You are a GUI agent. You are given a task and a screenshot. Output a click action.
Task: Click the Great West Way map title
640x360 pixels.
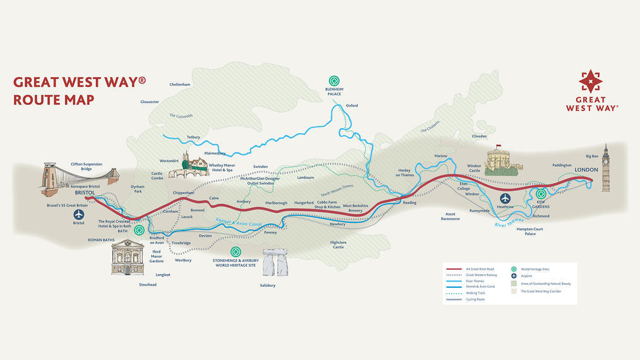point(80,90)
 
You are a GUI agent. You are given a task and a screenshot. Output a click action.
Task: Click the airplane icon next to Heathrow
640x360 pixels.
point(504,197)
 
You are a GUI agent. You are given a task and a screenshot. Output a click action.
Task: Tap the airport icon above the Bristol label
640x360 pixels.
point(79,214)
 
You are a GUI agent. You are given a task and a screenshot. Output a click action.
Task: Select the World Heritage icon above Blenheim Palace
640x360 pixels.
point(333,81)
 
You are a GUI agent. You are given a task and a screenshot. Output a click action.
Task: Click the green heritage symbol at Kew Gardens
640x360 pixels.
point(541,195)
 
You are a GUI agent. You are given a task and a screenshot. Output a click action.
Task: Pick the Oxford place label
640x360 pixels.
point(352,105)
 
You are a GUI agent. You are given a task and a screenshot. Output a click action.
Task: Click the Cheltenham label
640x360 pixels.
point(180,84)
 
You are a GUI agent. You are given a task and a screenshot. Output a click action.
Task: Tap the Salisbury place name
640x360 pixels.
point(267,285)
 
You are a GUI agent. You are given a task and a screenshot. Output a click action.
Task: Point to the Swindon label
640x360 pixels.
point(261,166)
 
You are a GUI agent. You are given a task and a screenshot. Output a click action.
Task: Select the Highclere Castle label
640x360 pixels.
point(338,244)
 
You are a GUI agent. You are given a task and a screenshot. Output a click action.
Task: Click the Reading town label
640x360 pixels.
point(410,203)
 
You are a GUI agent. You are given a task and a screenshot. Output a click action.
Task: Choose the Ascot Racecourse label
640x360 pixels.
point(450,216)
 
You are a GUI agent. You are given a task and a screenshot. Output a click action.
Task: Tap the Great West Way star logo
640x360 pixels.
point(590,82)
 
